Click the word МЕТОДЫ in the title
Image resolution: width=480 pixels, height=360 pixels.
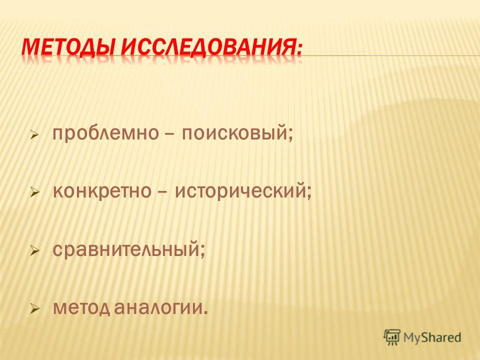(x=68, y=45)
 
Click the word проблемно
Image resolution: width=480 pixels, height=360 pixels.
(x=105, y=133)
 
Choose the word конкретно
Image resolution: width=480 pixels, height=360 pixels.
(x=102, y=191)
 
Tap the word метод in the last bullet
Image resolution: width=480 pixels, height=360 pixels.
(x=81, y=307)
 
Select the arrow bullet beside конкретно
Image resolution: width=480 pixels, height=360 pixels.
(x=35, y=192)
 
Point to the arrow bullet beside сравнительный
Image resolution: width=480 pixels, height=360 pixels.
(x=35, y=250)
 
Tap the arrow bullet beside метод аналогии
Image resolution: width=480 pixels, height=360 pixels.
(x=35, y=308)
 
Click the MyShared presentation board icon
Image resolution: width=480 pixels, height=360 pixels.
(x=392, y=337)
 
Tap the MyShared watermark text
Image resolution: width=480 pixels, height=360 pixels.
(x=432, y=337)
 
